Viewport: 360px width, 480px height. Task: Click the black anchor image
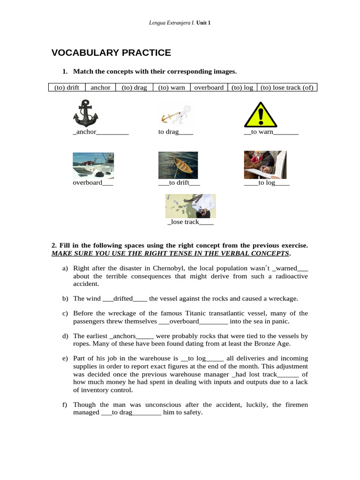click(x=86, y=113)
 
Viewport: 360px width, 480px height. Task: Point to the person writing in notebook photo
click(x=265, y=165)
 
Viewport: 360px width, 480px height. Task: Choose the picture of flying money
click(x=190, y=206)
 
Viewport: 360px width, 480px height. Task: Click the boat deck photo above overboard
click(x=93, y=165)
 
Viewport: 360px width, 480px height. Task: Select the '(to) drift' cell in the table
click(x=67, y=88)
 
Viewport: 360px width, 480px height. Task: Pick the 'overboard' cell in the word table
click(x=209, y=88)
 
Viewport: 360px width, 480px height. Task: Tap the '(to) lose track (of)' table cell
click(x=287, y=88)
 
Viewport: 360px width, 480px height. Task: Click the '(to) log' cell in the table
click(x=242, y=88)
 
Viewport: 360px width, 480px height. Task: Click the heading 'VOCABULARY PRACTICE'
click(x=111, y=53)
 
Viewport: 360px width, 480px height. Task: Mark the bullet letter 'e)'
click(x=65, y=359)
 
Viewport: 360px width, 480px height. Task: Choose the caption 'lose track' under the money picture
click(x=184, y=222)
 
